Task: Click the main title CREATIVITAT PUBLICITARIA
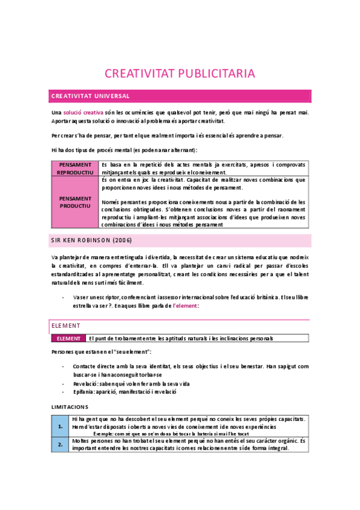pyautogui.click(x=180, y=73)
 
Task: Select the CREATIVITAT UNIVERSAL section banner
pyautogui.click(x=180, y=96)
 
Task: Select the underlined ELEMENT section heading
pyautogui.click(x=66, y=325)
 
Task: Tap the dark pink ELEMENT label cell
pyautogui.click(x=68, y=339)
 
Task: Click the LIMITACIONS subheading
pyautogui.click(x=69, y=407)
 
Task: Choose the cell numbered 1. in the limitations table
pyautogui.click(x=60, y=426)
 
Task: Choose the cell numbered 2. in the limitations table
pyautogui.click(x=60, y=444)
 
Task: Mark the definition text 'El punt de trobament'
pyautogui.click(x=180, y=339)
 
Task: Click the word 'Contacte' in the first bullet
pyautogui.click(x=85, y=366)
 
